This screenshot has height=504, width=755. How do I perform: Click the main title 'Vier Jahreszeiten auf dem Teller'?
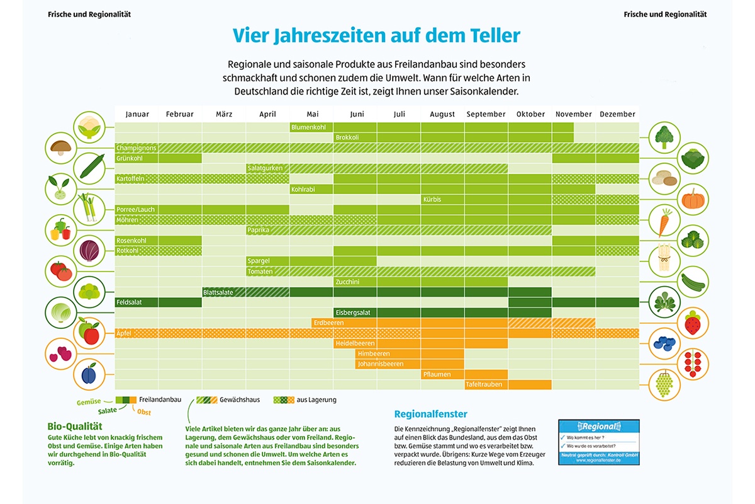coord(376,35)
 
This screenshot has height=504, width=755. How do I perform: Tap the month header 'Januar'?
coord(137,114)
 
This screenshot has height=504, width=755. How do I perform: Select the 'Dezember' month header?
coord(617,114)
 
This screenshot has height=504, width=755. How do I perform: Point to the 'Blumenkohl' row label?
coord(309,127)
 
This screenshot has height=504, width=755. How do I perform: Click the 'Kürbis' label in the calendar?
coord(432,200)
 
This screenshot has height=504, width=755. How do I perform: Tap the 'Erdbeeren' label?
coord(329,323)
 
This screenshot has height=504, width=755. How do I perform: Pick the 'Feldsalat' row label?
coord(129,302)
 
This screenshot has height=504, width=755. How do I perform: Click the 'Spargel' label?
coord(259,261)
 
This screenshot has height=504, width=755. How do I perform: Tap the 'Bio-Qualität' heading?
coord(75,426)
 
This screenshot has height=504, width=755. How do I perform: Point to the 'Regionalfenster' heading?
coord(430,414)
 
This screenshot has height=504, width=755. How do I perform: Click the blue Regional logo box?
coord(598,442)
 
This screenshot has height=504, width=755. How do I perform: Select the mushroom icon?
coord(60,147)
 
